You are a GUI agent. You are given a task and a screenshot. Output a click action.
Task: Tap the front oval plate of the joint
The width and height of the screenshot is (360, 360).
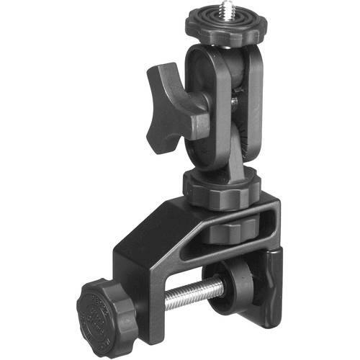tap(207, 108)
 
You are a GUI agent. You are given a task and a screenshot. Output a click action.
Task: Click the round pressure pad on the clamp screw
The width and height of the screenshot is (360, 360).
tap(234, 282)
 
